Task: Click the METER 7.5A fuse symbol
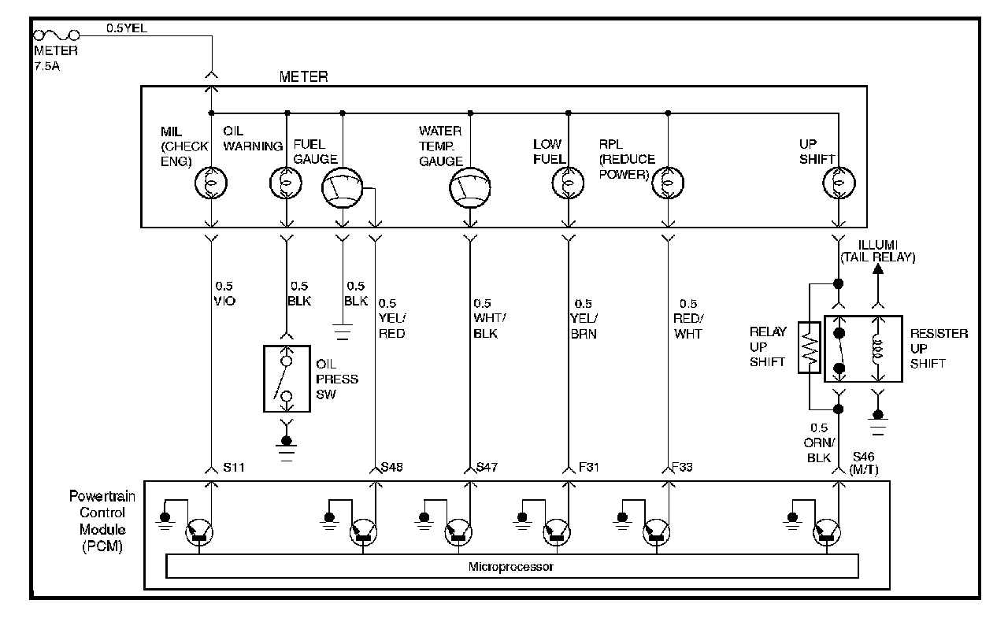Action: click(x=55, y=35)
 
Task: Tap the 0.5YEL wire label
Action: click(x=127, y=29)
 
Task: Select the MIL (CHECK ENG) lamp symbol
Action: click(x=211, y=183)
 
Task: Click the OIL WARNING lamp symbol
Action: click(x=287, y=183)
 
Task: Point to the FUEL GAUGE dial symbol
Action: click(x=342, y=189)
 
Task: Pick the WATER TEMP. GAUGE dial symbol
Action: click(x=469, y=189)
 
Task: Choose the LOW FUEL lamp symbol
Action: click(x=567, y=183)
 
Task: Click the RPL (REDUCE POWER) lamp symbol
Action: click(x=668, y=183)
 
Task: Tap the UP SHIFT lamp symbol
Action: click(x=839, y=183)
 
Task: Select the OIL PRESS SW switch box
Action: click(x=287, y=379)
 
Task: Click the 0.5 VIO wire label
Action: click(x=224, y=294)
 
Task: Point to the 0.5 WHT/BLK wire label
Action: click(x=486, y=318)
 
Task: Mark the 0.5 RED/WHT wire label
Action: click(x=688, y=318)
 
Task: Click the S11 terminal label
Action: click(x=234, y=468)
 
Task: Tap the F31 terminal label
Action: click(x=590, y=468)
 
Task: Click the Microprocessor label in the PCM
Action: click(x=511, y=567)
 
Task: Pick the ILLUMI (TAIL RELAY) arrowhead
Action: click(x=879, y=268)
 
